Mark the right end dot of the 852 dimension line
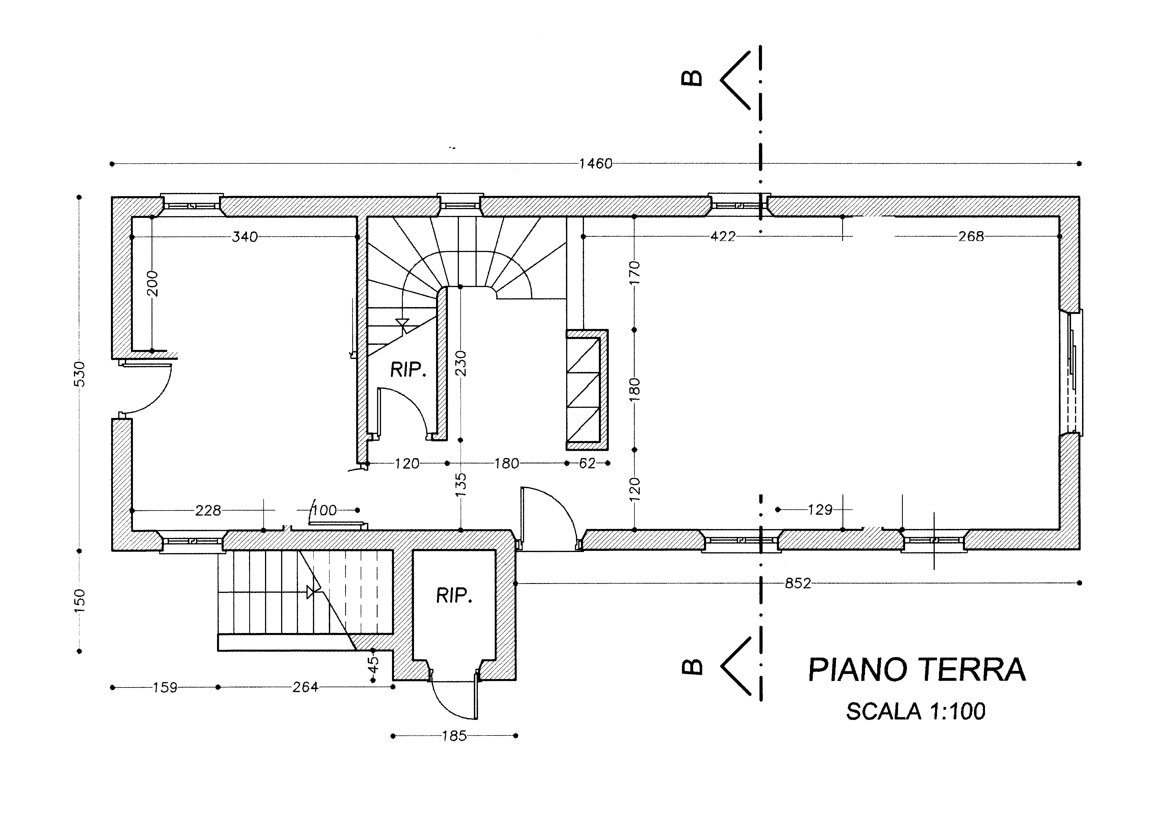[x=1080, y=583]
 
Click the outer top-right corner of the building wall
[x=1080, y=197]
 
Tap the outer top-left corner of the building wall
[x=112, y=197]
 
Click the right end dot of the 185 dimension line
[x=516, y=736]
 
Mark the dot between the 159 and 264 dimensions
[x=218, y=687]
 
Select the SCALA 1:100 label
[x=916, y=712]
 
